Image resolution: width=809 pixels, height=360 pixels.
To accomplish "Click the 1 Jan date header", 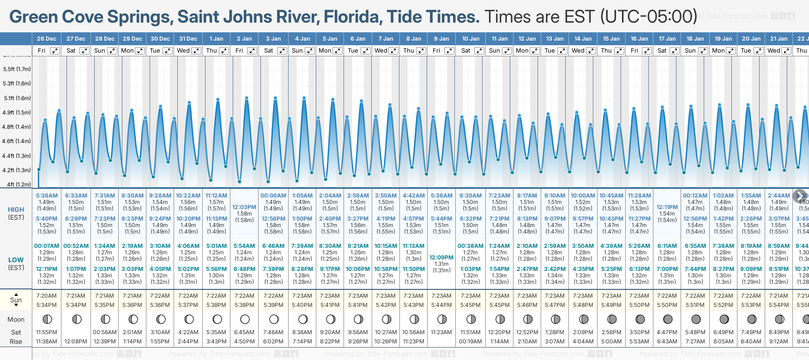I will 216,39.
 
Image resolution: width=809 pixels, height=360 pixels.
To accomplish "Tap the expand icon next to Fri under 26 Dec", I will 55,51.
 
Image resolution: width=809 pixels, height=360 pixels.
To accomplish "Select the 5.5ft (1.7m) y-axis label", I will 17,69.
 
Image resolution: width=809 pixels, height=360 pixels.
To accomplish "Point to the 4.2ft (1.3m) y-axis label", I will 17,170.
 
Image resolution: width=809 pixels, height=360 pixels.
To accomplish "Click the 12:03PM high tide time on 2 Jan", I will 244,207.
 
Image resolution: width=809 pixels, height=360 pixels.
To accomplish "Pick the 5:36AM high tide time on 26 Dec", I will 47,196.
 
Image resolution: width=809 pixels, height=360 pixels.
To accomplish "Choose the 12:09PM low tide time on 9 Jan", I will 441,258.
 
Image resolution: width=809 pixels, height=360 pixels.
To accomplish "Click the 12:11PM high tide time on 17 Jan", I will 667,207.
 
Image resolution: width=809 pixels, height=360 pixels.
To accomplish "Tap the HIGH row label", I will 16,210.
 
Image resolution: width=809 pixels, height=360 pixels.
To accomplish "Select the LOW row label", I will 16,260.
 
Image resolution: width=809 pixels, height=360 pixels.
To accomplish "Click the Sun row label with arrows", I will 16,300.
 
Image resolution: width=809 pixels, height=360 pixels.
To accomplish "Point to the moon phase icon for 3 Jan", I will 274,319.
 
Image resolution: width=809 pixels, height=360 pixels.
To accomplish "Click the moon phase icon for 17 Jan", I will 668,319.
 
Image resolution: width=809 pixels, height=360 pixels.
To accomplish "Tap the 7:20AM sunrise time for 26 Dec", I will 47,296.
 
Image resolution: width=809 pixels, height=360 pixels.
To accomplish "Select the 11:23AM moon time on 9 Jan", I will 441,332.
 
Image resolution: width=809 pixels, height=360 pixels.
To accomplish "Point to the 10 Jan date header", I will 471,39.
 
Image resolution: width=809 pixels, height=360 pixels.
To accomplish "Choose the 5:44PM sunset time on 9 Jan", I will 441,305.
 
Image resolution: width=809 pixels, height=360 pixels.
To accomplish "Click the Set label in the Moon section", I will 16,332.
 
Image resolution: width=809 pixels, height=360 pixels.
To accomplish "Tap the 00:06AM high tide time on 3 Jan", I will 273,196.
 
